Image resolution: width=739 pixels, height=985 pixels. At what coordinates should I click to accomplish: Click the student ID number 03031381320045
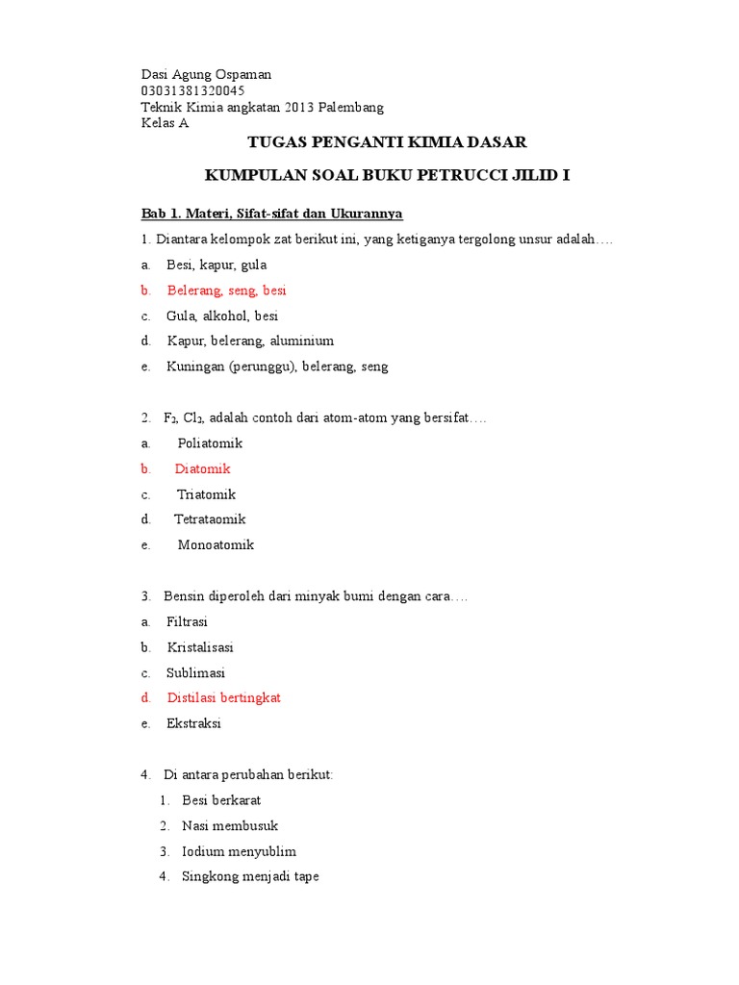(192, 90)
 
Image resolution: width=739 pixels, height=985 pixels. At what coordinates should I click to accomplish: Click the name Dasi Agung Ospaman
(206, 74)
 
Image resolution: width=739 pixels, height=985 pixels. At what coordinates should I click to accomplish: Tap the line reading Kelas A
(166, 123)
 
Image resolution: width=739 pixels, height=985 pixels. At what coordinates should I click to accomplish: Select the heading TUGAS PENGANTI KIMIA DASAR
(388, 142)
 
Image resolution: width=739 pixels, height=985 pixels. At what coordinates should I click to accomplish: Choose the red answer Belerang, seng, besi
(226, 290)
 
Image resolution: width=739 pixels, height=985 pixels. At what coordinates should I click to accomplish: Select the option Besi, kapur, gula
(217, 265)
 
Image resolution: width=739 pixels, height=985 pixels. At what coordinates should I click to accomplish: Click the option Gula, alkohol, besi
(222, 316)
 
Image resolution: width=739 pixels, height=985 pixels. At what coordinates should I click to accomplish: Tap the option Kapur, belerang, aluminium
(250, 341)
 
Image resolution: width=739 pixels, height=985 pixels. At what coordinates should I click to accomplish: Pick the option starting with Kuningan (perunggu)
(277, 366)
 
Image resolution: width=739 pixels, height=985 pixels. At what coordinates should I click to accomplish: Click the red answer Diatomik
(202, 468)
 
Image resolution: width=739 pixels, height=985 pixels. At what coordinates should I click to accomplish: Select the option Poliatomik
(210, 443)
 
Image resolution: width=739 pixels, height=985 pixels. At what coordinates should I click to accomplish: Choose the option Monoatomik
(216, 544)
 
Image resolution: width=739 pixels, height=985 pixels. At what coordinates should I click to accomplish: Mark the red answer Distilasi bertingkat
(223, 697)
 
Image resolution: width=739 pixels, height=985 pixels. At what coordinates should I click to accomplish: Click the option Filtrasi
(187, 621)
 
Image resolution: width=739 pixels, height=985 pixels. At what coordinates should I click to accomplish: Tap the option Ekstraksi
(193, 723)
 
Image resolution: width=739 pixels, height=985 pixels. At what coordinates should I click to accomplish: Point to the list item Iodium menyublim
(239, 851)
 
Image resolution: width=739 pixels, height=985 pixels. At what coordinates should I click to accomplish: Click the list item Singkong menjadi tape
(250, 876)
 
